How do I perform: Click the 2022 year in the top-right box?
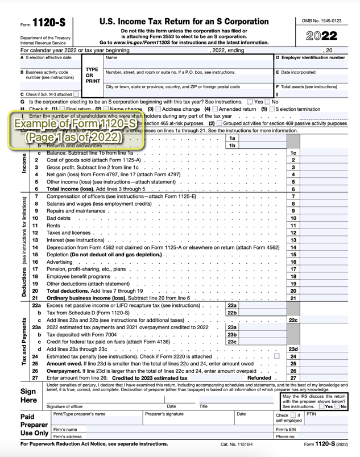point(322,36)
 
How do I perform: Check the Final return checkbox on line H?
point(62,109)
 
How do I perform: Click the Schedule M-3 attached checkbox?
point(76,94)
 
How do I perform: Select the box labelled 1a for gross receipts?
point(231,138)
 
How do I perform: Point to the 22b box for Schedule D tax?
point(231,313)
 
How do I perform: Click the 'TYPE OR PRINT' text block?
point(92,74)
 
